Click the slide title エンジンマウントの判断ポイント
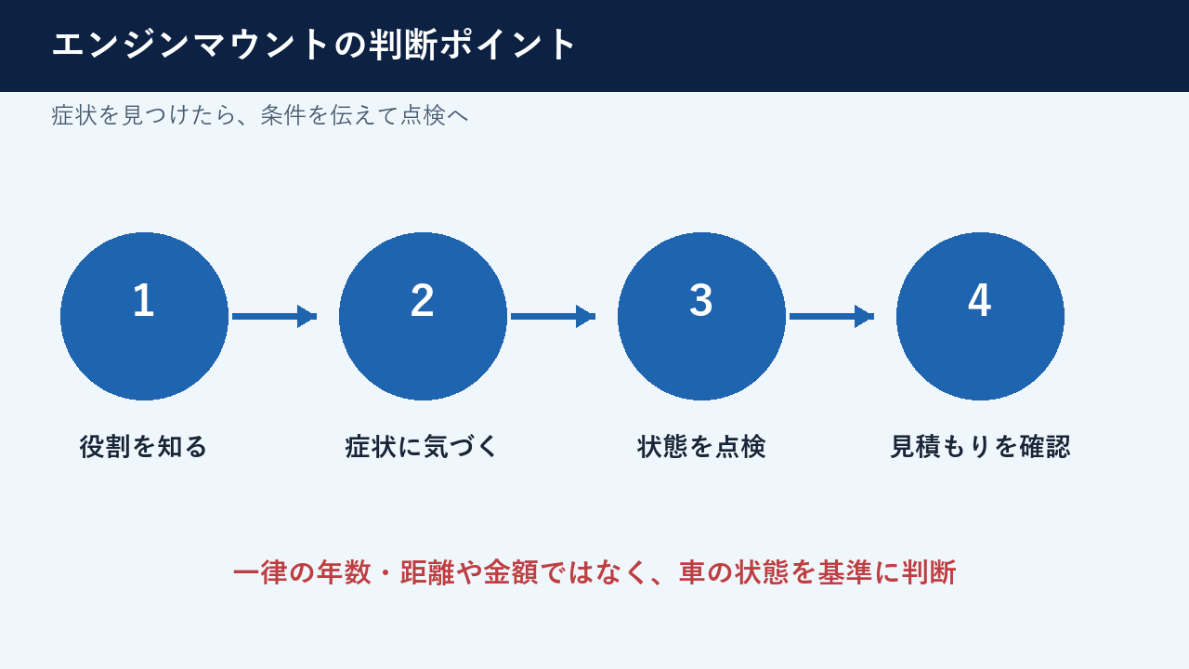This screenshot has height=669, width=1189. pos(313,45)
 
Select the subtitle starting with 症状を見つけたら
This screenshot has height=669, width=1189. pos(260,115)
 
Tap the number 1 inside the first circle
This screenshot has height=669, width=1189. pos(144,300)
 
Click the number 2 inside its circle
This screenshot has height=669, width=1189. pos(423,300)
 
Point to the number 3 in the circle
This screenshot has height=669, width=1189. pos(700,300)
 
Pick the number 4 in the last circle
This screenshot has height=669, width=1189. pos(979,300)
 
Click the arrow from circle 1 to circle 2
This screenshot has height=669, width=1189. pos(274,317)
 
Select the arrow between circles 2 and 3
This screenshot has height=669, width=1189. pos(553,317)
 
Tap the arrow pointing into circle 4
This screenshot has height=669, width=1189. pos(831,317)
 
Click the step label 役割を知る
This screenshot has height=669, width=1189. pos(143,447)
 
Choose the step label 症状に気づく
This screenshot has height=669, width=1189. pos(422,447)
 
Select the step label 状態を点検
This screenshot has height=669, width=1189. pos(701,447)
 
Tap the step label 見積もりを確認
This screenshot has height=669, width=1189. pos(980,447)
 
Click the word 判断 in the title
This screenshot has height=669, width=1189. pos(403,45)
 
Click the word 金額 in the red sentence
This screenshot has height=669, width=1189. pos(511,572)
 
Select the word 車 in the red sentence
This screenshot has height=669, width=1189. pos(692,572)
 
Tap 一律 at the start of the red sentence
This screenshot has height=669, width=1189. pos(260,572)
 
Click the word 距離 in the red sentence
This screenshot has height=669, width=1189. pos(427,572)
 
